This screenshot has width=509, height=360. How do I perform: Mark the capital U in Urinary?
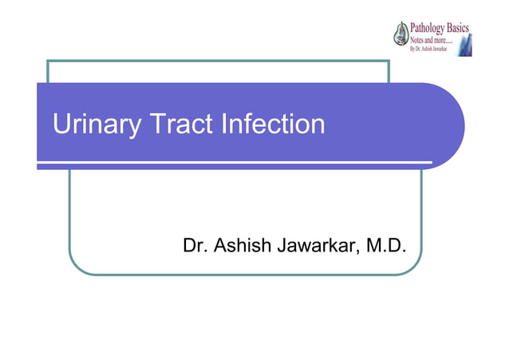tap(61, 125)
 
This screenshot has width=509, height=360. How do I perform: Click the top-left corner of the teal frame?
tap(48, 61)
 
